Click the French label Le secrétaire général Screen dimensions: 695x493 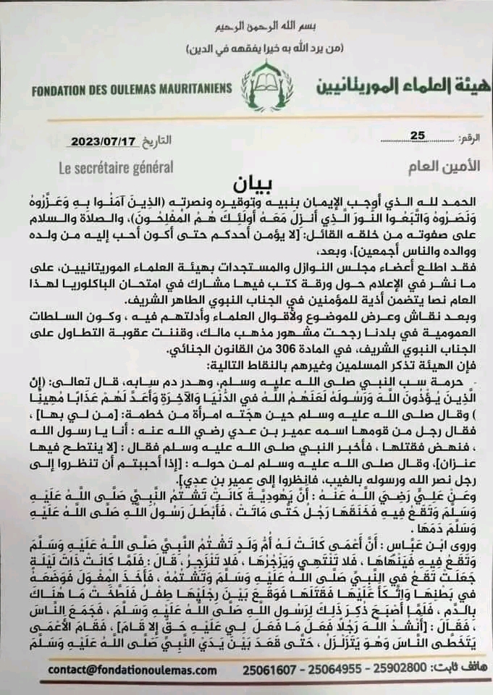click(116, 167)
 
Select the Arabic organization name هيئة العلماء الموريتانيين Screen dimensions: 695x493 click(387, 86)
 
